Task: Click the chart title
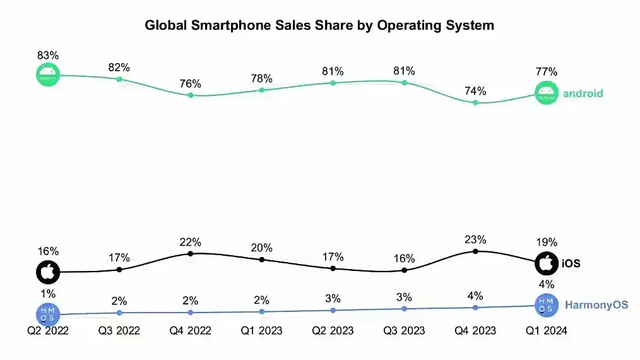pyautogui.click(x=319, y=25)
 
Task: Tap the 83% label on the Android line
pyautogui.click(x=48, y=56)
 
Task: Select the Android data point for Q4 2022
pyautogui.click(x=190, y=95)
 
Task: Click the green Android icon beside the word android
pyautogui.click(x=547, y=93)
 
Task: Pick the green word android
pyautogui.click(x=583, y=93)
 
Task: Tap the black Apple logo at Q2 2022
pyautogui.click(x=48, y=272)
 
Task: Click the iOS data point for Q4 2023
pyautogui.click(x=475, y=251)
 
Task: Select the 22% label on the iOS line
pyautogui.click(x=190, y=242)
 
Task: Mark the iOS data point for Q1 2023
pyautogui.click(x=261, y=260)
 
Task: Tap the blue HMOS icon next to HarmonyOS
pyautogui.click(x=547, y=305)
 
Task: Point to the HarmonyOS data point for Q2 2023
pyautogui.click(x=333, y=310)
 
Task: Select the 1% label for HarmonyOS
pyautogui.click(x=48, y=294)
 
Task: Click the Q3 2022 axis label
pyautogui.click(x=119, y=330)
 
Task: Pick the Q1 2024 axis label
pyautogui.click(x=547, y=330)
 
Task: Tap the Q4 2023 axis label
pyautogui.click(x=475, y=330)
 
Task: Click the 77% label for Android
pyautogui.click(x=547, y=71)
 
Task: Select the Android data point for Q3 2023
pyautogui.click(x=404, y=83)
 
